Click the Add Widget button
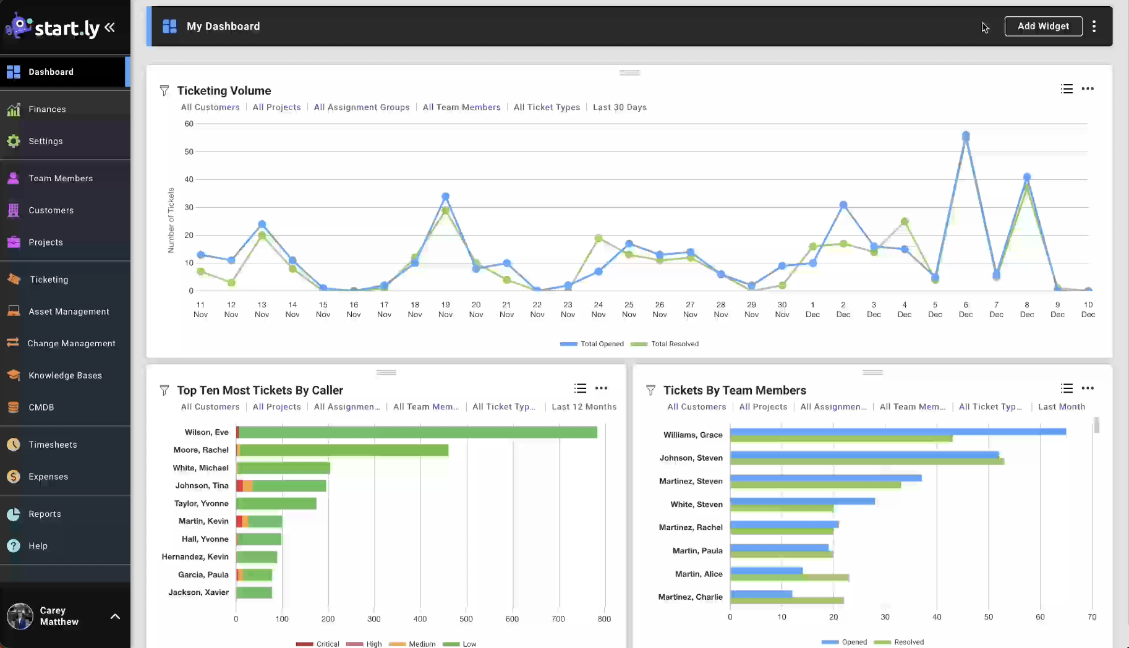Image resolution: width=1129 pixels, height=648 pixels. click(x=1043, y=26)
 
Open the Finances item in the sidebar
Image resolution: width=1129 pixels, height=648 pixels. click(x=47, y=109)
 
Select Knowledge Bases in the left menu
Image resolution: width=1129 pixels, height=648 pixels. click(x=65, y=375)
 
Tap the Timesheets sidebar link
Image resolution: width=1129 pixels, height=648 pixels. click(x=53, y=445)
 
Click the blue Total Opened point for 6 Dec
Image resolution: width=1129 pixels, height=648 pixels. click(x=966, y=136)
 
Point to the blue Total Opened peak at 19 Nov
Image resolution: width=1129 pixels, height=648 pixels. click(x=445, y=197)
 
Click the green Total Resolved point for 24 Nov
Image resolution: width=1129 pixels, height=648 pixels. click(x=599, y=238)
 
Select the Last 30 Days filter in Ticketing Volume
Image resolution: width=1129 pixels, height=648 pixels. click(x=620, y=108)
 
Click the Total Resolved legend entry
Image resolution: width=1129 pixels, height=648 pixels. click(x=674, y=344)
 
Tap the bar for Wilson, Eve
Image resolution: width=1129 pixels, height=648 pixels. click(x=417, y=432)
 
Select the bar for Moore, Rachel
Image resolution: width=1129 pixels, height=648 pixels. click(x=343, y=450)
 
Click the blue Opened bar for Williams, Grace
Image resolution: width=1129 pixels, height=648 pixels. click(x=898, y=432)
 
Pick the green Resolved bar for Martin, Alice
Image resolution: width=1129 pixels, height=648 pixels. click(x=790, y=578)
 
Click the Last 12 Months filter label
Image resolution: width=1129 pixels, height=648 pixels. click(x=584, y=407)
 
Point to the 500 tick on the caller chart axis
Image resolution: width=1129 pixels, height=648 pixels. click(x=466, y=619)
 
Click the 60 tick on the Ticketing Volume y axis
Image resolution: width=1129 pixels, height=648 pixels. click(x=189, y=124)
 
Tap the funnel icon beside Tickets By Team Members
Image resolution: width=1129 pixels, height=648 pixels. click(x=650, y=390)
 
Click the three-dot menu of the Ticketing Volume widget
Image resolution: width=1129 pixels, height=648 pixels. click(x=1088, y=89)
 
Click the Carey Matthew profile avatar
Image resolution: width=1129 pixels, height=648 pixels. click(x=20, y=616)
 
